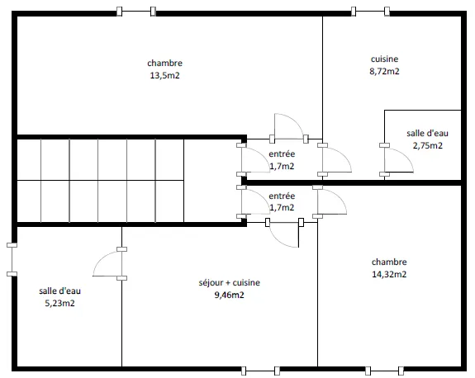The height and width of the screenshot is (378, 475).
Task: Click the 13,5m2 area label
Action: tap(164, 75)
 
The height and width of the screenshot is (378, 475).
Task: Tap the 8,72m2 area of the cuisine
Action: tap(384, 72)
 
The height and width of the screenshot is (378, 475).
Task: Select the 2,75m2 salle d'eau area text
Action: tap(427, 145)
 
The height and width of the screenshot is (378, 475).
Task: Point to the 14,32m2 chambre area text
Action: tap(389, 274)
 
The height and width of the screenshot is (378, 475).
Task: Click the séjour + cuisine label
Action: tap(230, 282)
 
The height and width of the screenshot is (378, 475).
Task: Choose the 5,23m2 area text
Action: tap(59, 303)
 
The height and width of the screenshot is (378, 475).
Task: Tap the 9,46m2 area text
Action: tap(230, 295)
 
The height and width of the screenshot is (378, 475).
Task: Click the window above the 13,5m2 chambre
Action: tap(136, 12)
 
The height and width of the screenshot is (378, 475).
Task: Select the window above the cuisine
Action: tap(370, 12)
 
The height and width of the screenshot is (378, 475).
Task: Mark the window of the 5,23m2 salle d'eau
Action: tap(12, 259)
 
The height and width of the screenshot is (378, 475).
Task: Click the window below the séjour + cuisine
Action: tap(260, 371)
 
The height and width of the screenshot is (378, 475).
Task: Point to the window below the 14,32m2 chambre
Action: tap(384, 371)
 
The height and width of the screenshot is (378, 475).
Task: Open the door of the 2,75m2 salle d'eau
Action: tap(397, 160)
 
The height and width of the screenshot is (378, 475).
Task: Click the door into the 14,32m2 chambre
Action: tap(330, 201)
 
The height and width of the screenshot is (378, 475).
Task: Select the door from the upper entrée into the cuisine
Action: tap(335, 160)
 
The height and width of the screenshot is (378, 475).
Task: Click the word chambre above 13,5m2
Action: tap(164, 63)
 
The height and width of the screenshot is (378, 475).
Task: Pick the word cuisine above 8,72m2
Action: tap(384, 59)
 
